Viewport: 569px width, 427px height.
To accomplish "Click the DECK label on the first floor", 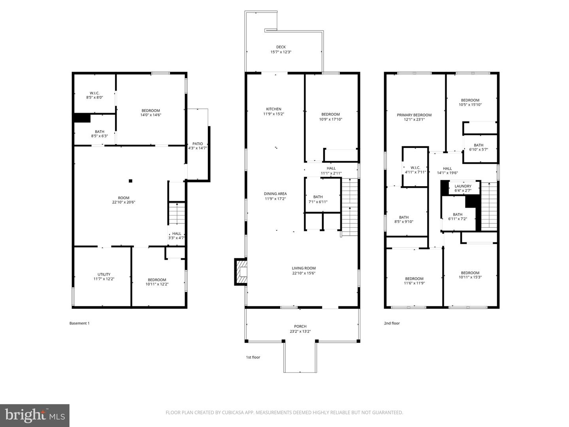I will pos(281,47).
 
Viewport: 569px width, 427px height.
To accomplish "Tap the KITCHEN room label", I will pos(273,109).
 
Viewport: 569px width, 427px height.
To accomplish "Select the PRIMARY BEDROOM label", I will pos(414,115).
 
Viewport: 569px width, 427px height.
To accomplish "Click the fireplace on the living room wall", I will pos(241,272).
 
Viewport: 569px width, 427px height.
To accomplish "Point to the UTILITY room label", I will pos(104,274).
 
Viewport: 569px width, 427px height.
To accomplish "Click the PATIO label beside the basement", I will pos(198,144).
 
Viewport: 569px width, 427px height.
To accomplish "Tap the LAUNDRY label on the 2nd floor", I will pos(463,186).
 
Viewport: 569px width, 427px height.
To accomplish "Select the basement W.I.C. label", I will pos(94,93).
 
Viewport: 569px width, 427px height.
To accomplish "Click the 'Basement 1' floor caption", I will pos(79,323).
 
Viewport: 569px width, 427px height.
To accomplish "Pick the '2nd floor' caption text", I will pos(392,323).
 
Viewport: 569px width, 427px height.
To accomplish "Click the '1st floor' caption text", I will pos(253,357).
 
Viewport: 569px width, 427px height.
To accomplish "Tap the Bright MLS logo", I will pos(35,415).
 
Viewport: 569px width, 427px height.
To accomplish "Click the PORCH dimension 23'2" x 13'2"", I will pos(300,331).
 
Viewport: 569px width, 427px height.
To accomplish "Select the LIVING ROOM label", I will pos(303,268).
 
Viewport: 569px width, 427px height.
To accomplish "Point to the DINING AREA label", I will pos(275,194).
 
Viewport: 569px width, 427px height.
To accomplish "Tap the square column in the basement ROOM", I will pos(130,181).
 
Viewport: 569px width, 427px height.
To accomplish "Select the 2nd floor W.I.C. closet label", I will pos(415,168).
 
